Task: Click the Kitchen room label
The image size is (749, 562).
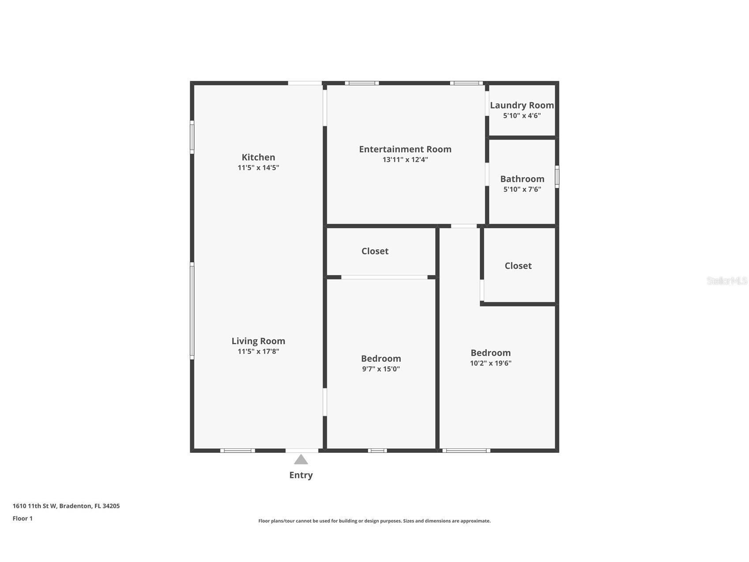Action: pos(258,157)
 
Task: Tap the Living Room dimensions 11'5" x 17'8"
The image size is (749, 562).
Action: pos(258,352)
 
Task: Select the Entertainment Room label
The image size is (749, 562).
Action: pos(405,149)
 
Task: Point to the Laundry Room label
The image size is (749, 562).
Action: pos(522,105)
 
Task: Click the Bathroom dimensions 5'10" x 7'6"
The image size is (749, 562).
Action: pos(522,190)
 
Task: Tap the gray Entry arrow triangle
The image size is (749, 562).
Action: pos(301,460)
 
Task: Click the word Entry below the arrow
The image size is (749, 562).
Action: pos(301,475)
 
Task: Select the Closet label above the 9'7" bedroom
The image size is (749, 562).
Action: pos(375,251)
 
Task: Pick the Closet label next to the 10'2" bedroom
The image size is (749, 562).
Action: pos(518,266)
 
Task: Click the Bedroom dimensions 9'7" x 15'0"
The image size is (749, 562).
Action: pos(381,369)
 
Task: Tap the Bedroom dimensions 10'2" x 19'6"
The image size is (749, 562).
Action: pos(490,363)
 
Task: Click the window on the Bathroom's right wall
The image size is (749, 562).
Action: pos(557,177)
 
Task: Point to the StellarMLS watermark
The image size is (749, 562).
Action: pos(726,281)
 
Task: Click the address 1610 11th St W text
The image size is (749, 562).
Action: pos(66,506)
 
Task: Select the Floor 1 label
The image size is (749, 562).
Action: pos(23,519)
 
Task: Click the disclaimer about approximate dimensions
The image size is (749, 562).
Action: pos(374,521)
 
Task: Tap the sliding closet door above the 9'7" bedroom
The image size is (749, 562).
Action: pos(384,277)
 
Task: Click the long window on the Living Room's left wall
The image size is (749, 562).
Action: pos(192,310)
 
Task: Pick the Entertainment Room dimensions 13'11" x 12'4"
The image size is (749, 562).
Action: pos(405,160)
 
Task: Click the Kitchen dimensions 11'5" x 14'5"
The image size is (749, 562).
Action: pos(258,168)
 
